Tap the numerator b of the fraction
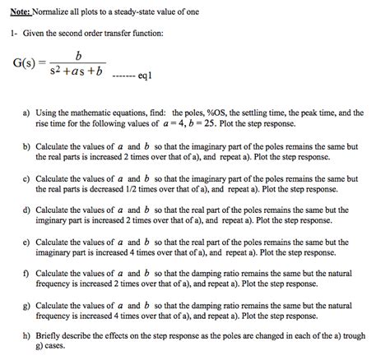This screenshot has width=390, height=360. pyautogui.click(x=77, y=55)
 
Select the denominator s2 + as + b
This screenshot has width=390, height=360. pyautogui.click(x=78, y=73)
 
